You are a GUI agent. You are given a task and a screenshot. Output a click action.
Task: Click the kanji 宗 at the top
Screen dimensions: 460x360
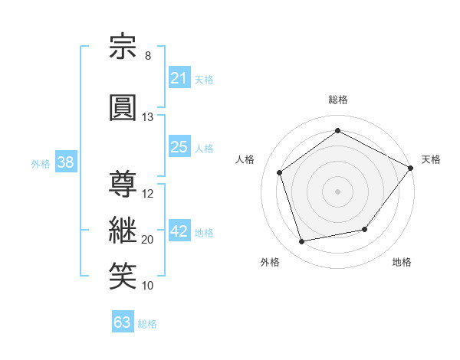point(123,46)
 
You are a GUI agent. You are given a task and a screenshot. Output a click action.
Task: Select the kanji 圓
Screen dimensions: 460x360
point(123,107)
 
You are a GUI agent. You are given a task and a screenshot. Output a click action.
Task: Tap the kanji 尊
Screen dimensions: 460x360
point(123,184)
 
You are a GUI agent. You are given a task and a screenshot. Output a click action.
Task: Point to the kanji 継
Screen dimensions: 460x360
point(123,230)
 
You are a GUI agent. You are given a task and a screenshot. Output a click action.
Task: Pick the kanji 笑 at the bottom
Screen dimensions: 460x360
point(123,276)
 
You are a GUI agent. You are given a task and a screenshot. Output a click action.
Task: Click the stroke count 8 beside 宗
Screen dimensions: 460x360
point(148,56)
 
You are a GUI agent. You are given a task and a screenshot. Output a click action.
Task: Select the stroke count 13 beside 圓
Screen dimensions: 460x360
point(147,117)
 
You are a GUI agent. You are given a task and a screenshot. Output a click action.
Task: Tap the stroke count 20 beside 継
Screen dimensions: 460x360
point(147,240)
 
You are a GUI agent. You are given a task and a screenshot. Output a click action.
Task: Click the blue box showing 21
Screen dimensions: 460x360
point(180,77)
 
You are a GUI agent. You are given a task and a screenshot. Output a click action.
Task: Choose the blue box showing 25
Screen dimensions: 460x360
point(180,146)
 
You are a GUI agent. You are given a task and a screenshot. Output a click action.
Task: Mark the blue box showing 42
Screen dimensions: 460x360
point(180,230)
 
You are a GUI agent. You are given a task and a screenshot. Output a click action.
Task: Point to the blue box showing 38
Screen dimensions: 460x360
point(66,162)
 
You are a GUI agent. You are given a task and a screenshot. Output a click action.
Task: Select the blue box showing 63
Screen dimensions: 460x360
point(123,321)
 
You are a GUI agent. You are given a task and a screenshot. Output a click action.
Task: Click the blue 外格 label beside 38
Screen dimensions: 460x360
point(41,164)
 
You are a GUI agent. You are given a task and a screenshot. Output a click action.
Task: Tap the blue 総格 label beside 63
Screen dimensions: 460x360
point(147,324)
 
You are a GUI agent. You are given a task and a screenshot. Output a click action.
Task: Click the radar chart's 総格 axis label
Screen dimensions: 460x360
point(338,100)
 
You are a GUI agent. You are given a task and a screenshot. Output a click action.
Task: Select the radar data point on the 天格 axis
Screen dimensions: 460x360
point(411,168)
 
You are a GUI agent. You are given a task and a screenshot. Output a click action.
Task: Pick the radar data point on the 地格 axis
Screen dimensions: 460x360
point(365,229)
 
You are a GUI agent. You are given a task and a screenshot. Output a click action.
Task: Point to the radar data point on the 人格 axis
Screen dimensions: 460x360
point(280,172)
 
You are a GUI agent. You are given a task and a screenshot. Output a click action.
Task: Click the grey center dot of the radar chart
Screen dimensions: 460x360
point(337,191)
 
